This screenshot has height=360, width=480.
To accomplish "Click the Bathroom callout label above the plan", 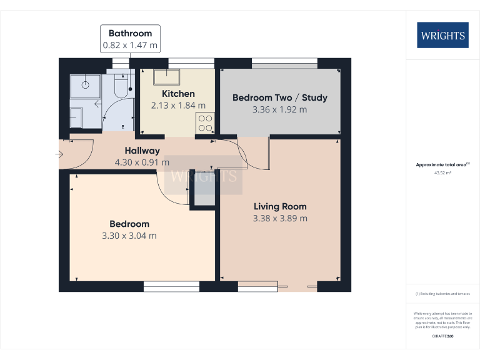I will (130, 39).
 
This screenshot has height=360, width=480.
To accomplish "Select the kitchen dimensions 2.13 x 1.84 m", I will (178, 106).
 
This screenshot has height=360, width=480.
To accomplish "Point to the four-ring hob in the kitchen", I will (206, 122).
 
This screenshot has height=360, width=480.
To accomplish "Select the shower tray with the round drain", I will (86, 84).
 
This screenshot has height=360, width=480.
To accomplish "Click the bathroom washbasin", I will (76, 116).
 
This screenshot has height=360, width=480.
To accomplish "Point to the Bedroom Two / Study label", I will (279, 97).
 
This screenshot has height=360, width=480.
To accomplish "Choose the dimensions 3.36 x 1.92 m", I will (279, 109).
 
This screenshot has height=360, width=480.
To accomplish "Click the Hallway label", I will (142, 151).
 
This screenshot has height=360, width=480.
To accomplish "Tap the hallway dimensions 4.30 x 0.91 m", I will (142, 162).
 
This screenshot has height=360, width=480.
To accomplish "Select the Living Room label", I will (280, 206).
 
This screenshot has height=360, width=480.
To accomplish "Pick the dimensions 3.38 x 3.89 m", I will (280, 218).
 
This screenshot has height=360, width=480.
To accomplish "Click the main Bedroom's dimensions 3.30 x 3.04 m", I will (129, 236).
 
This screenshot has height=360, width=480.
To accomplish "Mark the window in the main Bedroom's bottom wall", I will (171, 286).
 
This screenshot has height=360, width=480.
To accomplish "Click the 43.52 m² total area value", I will (442, 173).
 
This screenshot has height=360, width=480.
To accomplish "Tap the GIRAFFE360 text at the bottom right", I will (442, 337).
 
